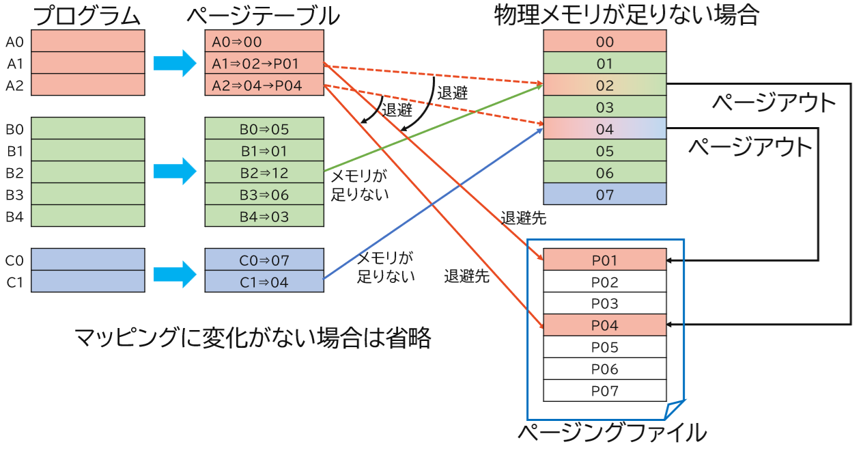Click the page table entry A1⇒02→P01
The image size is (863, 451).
pyautogui.click(x=264, y=64)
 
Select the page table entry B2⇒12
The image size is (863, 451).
pyautogui.click(x=264, y=172)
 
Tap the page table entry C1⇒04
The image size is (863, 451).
pyautogui.click(x=264, y=282)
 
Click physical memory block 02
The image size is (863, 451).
pyautogui.click(x=604, y=85)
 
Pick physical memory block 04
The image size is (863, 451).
pyautogui.click(x=604, y=129)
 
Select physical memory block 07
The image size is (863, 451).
pyautogui.click(x=604, y=194)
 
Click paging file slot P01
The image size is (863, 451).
pyautogui.click(x=604, y=260)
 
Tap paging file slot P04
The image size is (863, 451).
pyautogui.click(x=604, y=325)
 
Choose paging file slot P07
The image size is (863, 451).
pyautogui.click(x=604, y=391)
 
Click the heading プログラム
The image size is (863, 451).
pyautogui.click(x=88, y=14)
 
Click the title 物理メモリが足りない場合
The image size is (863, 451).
pyautogui.click(x=626, y=14)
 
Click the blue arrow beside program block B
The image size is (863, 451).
pyautogui.click(x=175, y=172)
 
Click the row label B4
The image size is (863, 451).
pyautogui.click(x=14, y=217)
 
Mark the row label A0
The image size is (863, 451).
pyautogui.click(x=14, y=42)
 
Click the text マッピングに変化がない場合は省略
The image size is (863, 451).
pyautogui.click(x=253, y=338)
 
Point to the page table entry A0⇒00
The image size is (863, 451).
pyautogui.click(x=264, y=42)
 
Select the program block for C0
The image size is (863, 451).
pyautogui.click(x=88, y=260)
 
